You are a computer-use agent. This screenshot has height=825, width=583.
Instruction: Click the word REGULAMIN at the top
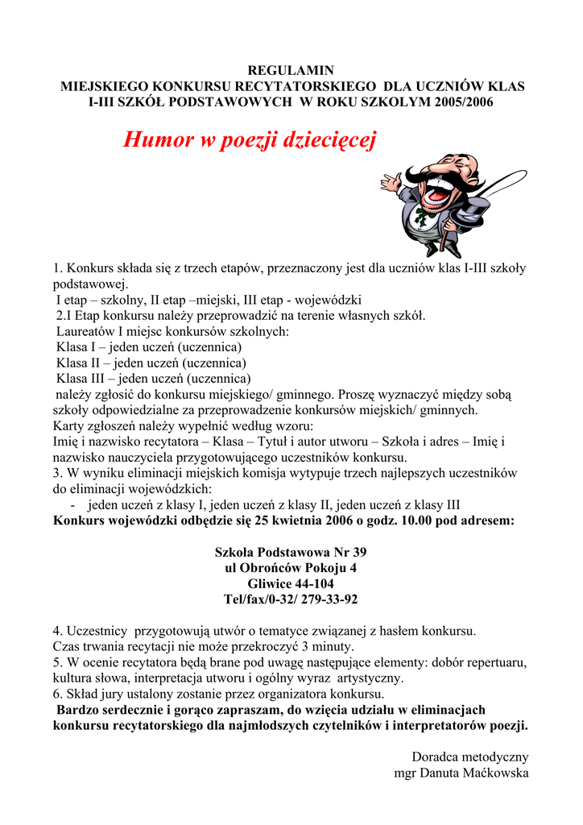point(290,70)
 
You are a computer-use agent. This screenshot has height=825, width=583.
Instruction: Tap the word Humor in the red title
point(159,140)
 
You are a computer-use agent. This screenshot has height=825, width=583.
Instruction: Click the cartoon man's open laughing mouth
point(436,194)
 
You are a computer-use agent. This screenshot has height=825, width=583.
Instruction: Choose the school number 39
point(357,552)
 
